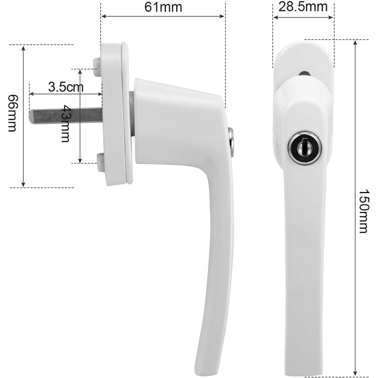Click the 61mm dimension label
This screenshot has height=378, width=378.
point(163,7)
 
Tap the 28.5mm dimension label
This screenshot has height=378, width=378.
point(303,7)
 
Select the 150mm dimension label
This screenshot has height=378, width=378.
point(364,211)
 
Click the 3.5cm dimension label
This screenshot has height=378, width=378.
point(65,87)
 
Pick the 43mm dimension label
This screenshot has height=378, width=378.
point(65,123)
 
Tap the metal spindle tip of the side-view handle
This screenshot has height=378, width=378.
point(32,117)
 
